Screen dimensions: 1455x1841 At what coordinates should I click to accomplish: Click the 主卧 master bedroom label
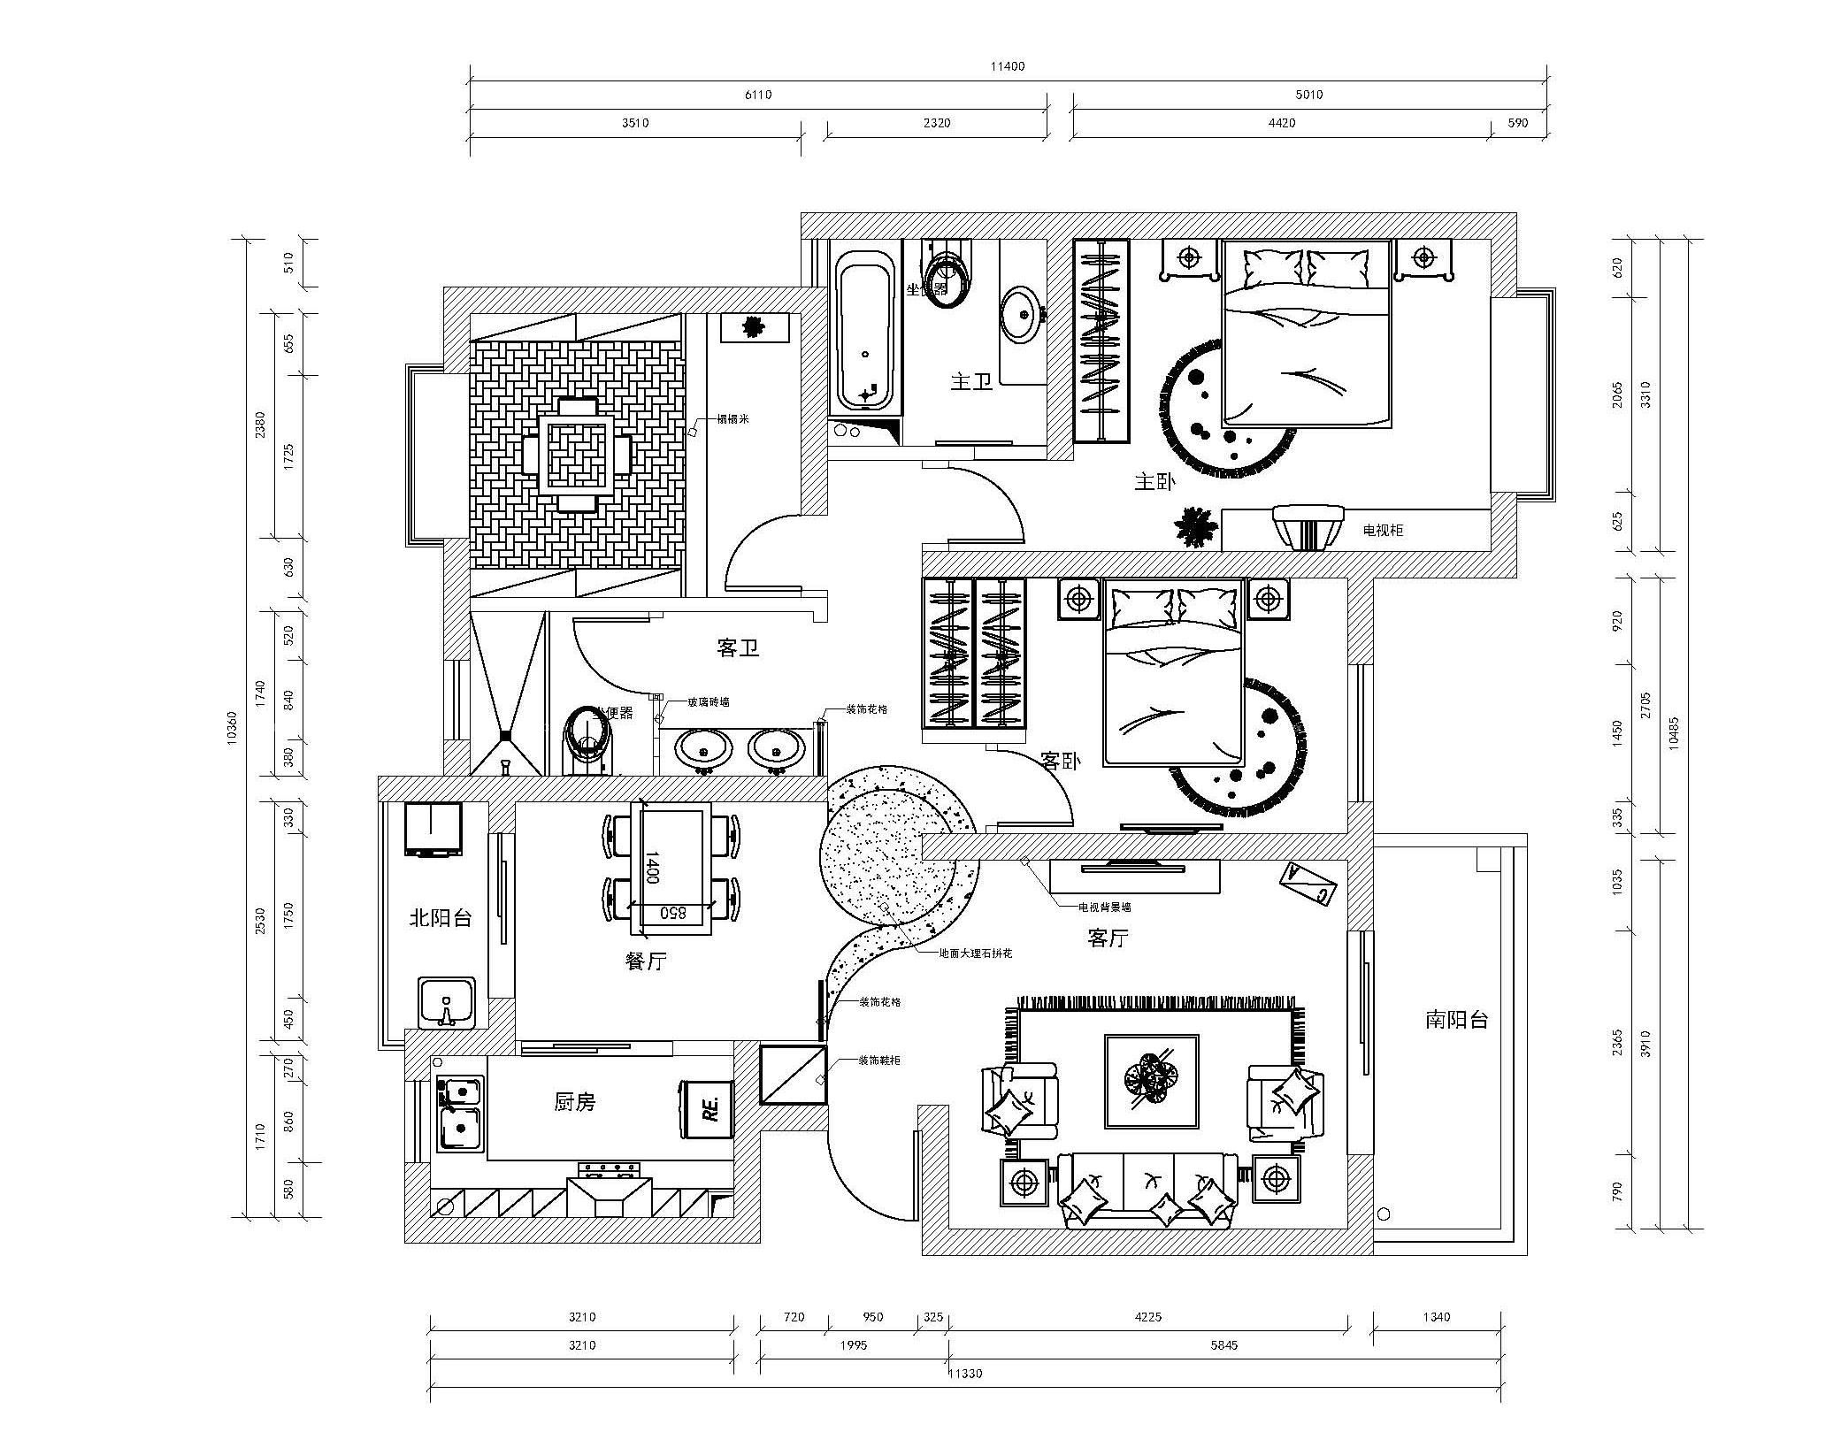tap(1154, 482)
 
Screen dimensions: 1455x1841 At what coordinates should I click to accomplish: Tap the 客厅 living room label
tap(1108, 938)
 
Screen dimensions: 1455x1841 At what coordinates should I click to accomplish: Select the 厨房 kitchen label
tap(574, 1102)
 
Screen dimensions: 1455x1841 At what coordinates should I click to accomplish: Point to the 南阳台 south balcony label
tap(1456, 1020)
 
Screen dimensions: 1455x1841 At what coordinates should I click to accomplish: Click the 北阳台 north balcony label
tap(440, 918)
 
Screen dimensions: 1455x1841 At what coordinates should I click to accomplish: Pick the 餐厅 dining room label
tap(645, 961)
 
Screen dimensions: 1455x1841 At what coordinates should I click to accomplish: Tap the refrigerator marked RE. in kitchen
tap(707, 1108)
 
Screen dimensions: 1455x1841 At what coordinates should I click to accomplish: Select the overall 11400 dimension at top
tap(1007, 66)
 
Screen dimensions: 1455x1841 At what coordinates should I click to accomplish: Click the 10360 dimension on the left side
tap(233, 727)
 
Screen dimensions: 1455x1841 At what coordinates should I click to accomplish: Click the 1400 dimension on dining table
tap(652, 868)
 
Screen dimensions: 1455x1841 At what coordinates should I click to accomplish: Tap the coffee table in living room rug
tap(1151, 1081)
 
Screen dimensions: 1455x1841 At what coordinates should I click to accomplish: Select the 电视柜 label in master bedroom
tap(1382, 531)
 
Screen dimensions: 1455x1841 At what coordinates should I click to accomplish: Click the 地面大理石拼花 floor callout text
tap(975, 953)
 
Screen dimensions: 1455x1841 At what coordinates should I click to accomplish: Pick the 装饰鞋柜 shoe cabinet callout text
tap(878, 1060)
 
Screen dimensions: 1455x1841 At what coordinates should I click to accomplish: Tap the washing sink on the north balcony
tap(447, 1002)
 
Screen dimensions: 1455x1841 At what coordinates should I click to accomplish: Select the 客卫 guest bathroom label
tap(738, 649)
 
